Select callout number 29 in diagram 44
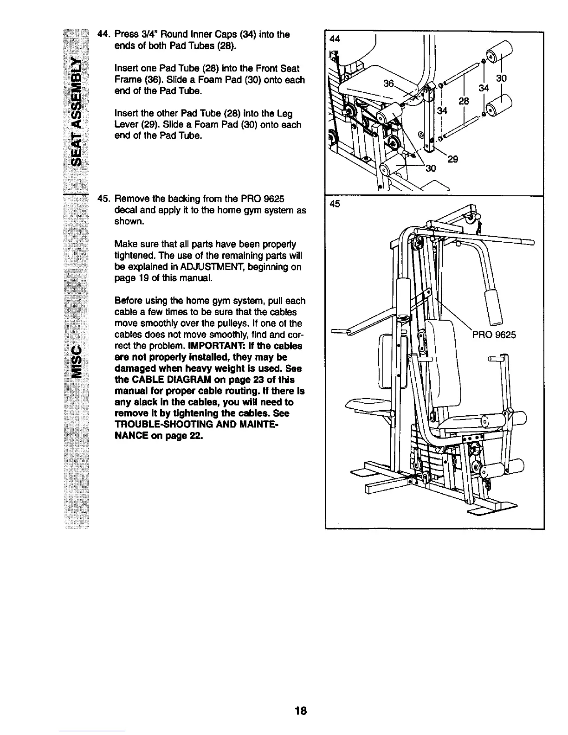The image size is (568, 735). (x=453, y=159)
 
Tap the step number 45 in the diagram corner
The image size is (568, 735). (x=334, y=204)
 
